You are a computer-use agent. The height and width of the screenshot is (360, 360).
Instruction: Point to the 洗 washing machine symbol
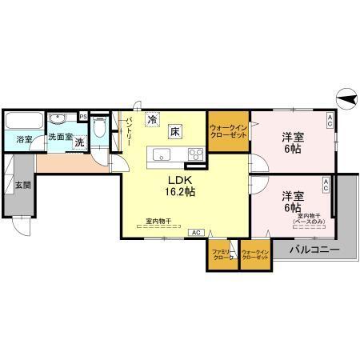click(x=79, y=142)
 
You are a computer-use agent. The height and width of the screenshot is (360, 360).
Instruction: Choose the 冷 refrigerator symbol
click(x=152, y=121)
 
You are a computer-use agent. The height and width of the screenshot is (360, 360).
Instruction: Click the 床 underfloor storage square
click(x=174, y=131)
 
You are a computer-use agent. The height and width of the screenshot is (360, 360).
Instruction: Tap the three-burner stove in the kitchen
click(x=195, y=154)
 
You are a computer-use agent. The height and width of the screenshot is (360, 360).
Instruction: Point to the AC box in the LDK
click(x=195, y=232)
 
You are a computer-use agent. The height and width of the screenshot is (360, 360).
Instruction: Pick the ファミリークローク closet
click(x=222, y=256)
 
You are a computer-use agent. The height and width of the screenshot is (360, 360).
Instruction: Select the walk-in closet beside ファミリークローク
click(x=255, y=256)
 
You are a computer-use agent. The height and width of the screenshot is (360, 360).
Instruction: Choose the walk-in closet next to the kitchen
click(x=228, y=131)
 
